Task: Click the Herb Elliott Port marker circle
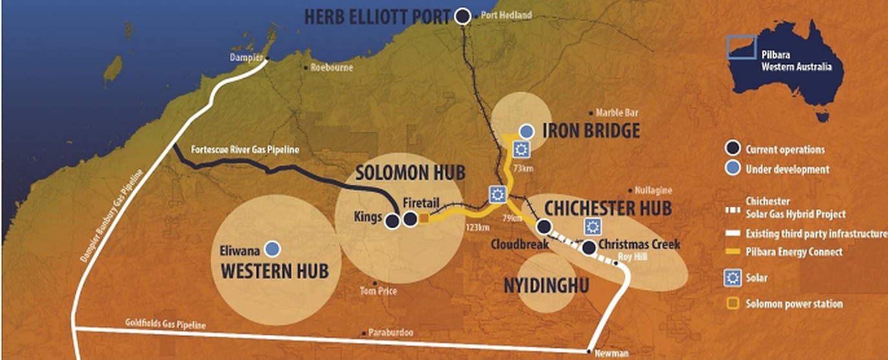[x=462, y=16]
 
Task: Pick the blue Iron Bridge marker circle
[x=527, y=131]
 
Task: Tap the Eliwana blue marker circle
[x=272, y=248]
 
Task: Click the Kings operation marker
[x=392, y=221]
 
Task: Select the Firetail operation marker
[x=410, y=220]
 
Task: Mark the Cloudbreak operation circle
[x=544, y=226]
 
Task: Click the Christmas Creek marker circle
[x=588, y=247]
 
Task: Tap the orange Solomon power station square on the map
[x=424, y=219]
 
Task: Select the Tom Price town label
[x=379, y=291]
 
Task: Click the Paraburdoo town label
[x=390, y=332]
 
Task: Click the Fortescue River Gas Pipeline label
[x=246, y=150]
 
